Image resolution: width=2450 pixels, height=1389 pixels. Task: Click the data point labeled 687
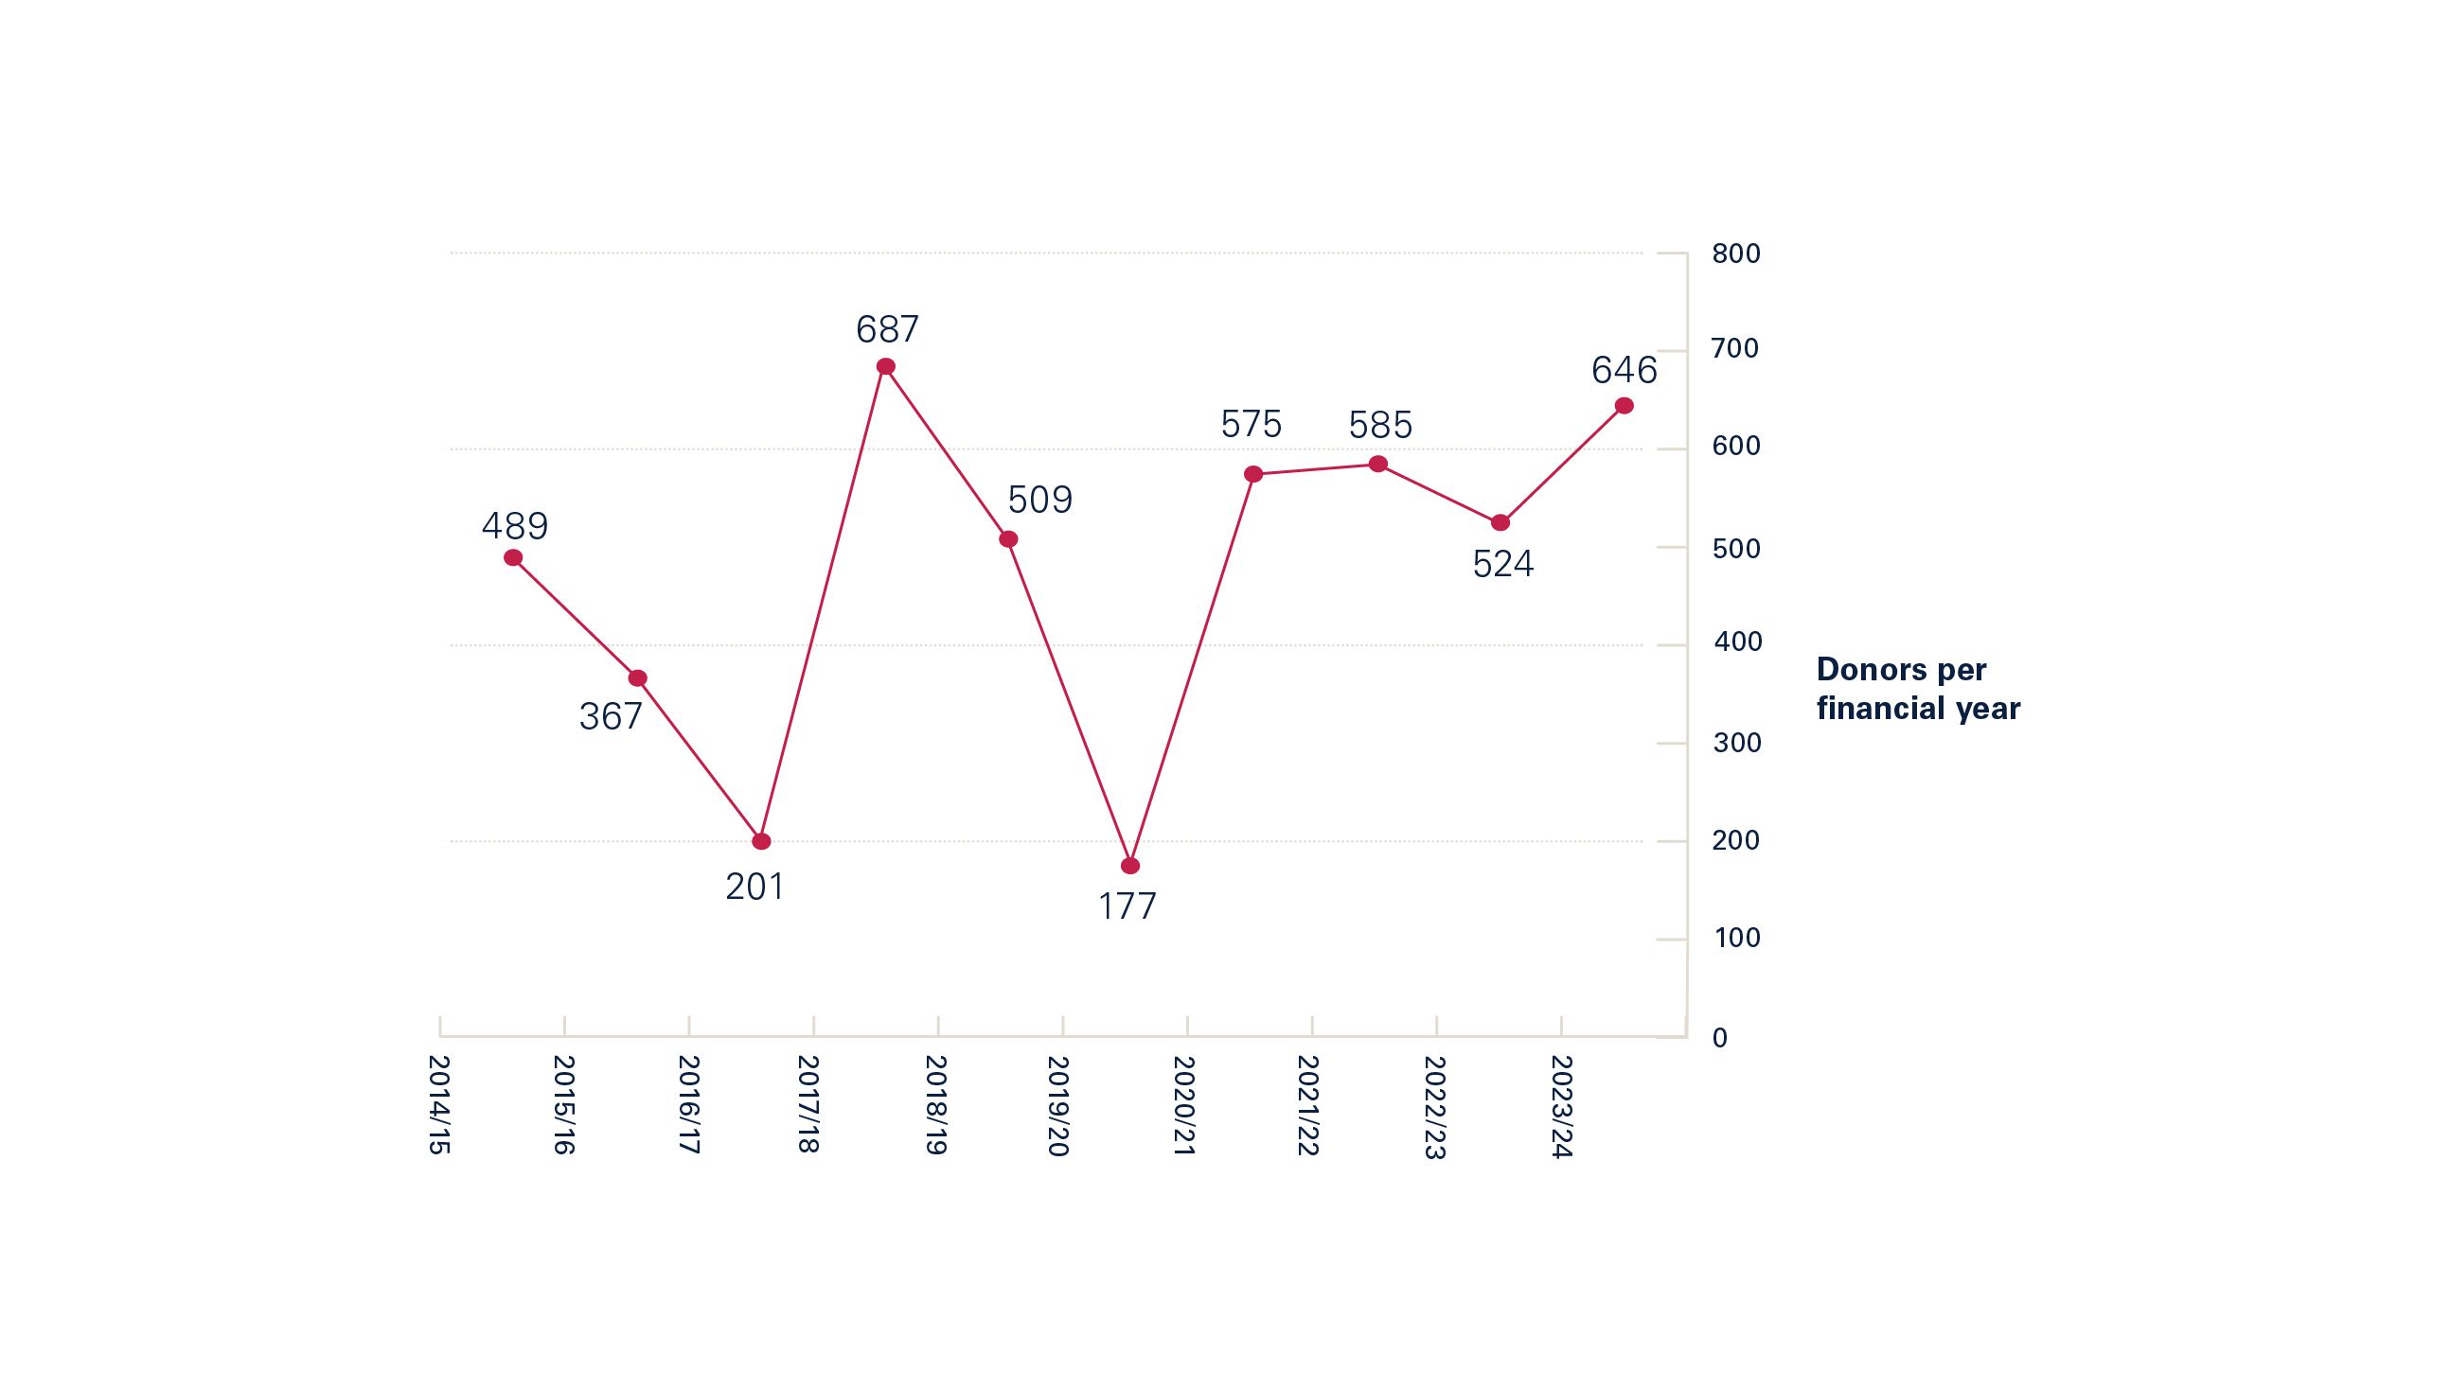tap(886, 366)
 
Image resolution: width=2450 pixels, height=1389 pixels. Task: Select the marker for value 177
tap(1130, 866)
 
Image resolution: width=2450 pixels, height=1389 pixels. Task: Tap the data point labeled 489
tap(513, 558)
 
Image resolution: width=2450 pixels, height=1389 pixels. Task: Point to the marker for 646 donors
tap(1624, 407)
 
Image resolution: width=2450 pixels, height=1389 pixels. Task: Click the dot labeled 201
tap(761, 841)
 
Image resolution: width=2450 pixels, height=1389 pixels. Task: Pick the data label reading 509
tap(1040, 500)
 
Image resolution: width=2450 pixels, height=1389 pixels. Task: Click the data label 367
tap(611, 717)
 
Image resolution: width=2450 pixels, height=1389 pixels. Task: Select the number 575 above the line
tap(1252, 425)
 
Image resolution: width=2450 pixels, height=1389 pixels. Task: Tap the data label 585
tap(1380, 426)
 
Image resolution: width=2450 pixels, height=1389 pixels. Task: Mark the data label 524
tap(1503, 565)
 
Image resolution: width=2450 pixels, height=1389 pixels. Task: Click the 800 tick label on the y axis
tap(1736, 254)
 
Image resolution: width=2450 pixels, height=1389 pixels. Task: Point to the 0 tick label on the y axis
tap(1720, 1038)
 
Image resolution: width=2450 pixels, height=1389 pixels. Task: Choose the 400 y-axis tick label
tap(1737, 642)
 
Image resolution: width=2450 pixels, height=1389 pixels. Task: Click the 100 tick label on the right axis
tap(1737, 939)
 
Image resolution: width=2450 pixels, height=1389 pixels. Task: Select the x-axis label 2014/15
tap(438, 1105)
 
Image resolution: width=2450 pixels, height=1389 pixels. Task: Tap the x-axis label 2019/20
tap(1057, 1106)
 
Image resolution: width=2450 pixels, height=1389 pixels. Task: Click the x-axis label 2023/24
tap(1561, 1107)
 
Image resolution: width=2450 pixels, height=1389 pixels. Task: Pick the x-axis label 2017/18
tap(808, 1105)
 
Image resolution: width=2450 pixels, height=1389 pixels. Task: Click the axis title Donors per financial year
tap(1917, 689)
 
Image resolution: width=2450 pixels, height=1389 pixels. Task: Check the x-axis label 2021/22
tap(1307, 1106)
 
